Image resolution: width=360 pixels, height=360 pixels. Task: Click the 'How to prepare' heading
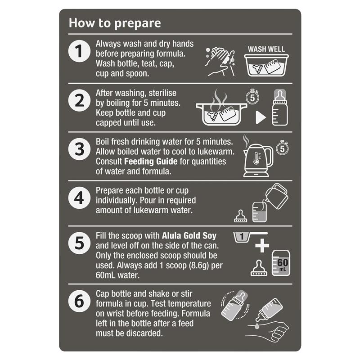click(x=115, y=23)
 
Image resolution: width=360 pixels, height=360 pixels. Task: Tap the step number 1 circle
click(x=79, y=51)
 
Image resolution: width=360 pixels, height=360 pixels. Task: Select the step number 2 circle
click(x=79, y=100)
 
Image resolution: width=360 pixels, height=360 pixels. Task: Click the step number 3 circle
click(x=79, y=149)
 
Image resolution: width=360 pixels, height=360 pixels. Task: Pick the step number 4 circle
click(x=79, y=198)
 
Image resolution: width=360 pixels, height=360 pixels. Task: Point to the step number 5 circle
click(x=79, y=243)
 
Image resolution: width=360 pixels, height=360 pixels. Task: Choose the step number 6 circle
click(x=79, y=301)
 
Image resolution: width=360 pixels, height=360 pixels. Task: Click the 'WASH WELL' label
click(x=266, y=49)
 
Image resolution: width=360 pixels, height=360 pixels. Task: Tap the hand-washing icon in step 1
click(x=220, y=62)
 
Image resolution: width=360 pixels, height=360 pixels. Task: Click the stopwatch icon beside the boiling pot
click(x=252, y=97)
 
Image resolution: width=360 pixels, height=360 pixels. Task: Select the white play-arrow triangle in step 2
click(x=261, y=117)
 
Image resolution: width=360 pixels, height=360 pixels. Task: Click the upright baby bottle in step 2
click(x=280, y=107)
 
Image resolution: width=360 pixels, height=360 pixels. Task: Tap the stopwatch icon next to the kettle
click(x=283, y=148)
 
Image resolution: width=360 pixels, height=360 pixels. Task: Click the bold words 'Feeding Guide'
click(x=151, y=162)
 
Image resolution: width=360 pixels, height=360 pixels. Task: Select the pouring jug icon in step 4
click(x=277, y=196)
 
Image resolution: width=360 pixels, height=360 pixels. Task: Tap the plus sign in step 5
click(x=262, y=245)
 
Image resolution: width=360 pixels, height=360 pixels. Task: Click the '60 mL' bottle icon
click(x=281, y=263)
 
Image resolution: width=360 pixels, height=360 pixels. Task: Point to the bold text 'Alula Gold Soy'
click(x=189, y=236)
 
